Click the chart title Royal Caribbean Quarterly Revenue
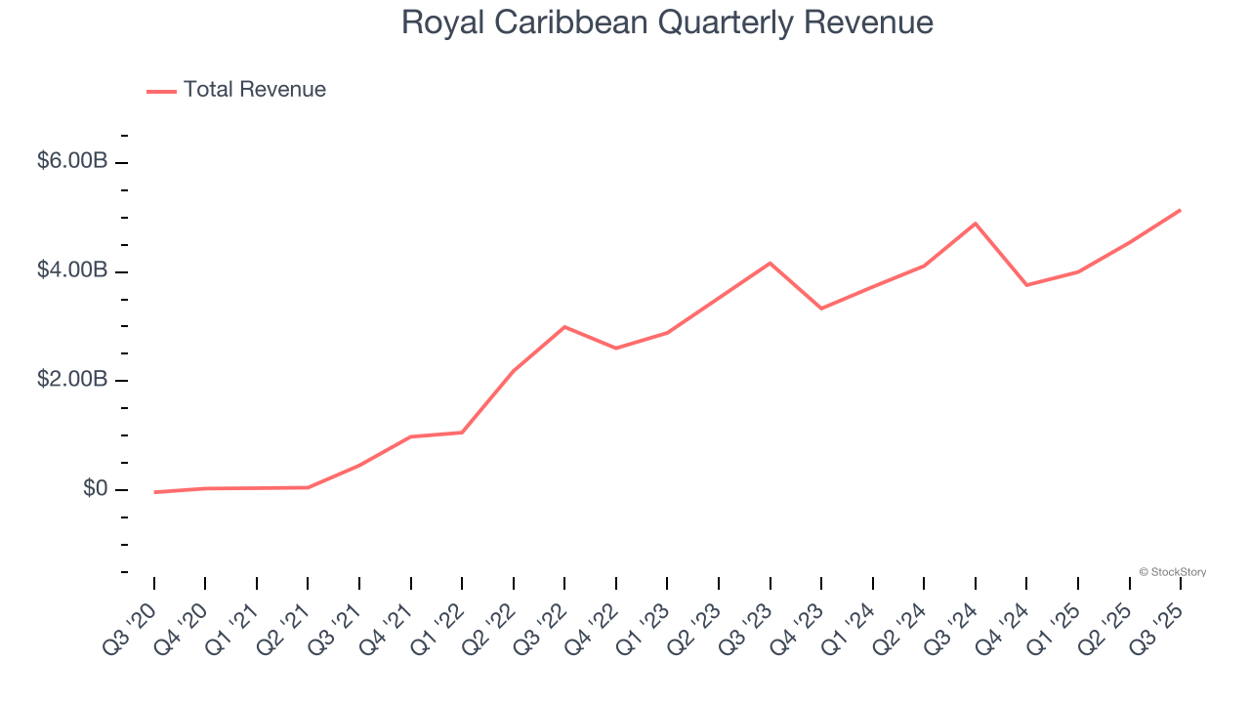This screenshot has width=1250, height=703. point(667,22)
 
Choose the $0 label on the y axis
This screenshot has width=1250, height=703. point(95,488)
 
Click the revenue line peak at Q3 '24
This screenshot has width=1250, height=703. point(976,224)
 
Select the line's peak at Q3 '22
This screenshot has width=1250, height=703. point(564,327)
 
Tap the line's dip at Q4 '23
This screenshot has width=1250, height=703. point(821,309)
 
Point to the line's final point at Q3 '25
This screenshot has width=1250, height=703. point(1181,210)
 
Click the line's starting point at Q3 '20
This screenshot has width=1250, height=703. point(154,492)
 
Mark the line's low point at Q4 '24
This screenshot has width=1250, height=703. point(1026,285)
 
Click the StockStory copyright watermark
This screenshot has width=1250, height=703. point(1172,572)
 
